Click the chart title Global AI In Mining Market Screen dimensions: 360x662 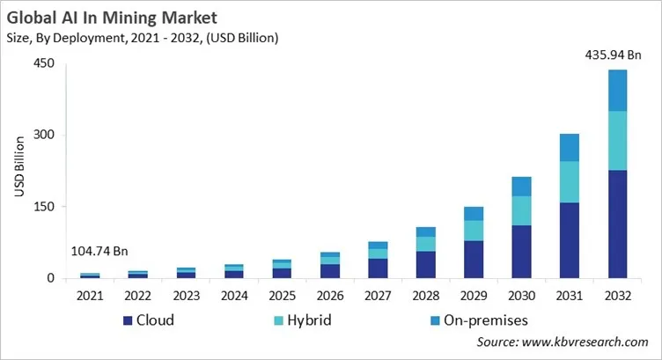point(111,17)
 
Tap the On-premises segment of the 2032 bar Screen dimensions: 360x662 point(618,90)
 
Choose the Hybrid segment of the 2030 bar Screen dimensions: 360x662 point(521,210)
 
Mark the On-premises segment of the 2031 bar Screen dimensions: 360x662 point(570,147)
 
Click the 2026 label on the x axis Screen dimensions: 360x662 point(329,296)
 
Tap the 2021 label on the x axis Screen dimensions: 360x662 point(90,296)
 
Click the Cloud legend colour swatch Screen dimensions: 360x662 point(128,320)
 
